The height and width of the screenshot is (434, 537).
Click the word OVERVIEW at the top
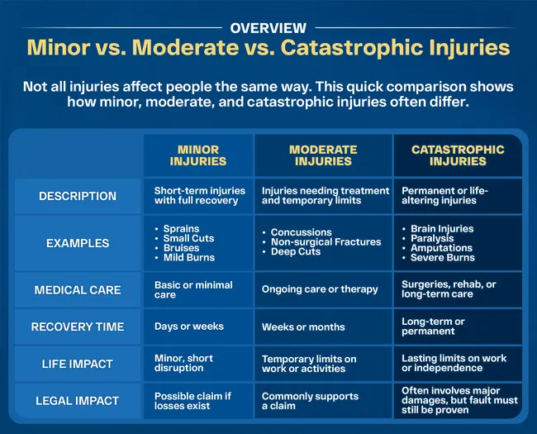(268, 28)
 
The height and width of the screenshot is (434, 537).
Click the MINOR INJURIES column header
(198, 155)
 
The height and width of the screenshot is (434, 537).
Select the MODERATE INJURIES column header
(323, 155)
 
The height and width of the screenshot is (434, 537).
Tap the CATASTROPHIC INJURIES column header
(457, 155)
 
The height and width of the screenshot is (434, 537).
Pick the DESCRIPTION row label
(78, 196)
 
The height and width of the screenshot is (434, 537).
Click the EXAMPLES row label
(78, 243)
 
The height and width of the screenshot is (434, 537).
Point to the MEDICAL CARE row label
(78, 290)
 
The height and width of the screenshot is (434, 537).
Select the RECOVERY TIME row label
(78, 327)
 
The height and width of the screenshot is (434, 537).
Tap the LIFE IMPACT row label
(78, 364)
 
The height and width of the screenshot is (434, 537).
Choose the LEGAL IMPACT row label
(78, 401)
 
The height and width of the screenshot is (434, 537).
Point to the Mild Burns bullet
(188, 258)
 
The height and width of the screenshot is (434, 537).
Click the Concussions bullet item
(301, 232)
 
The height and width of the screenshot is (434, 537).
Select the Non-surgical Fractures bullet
(326, 242)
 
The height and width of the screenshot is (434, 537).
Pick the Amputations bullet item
(441, 248)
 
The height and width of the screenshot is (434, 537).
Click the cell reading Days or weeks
(188, 327)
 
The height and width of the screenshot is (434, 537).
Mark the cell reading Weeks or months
(303, 327)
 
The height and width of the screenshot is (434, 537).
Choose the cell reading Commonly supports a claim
(310, 401)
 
